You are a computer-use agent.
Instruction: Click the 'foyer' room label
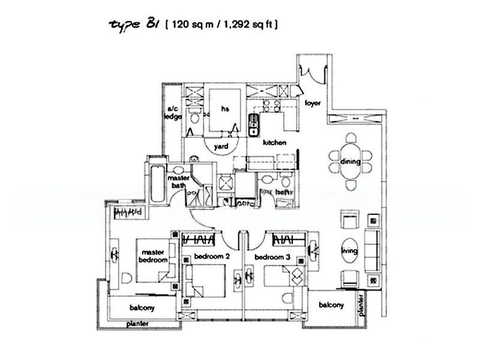tap(313, 103)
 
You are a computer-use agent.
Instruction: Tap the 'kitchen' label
tap(273, 143)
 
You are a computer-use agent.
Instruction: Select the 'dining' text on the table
tap(350, 162)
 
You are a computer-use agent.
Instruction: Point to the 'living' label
tap(350, 251)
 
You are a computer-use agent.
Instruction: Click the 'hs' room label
tap(226, 109)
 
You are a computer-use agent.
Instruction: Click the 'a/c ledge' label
tap(173, 113)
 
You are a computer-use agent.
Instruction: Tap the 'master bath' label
tap(179, 182)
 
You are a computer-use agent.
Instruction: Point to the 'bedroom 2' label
tap(211, 257)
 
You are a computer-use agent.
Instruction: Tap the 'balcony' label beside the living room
tap(331, 305)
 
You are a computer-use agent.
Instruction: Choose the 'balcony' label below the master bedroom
tap(142, 308)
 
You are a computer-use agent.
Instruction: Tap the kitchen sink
tap(254, 122)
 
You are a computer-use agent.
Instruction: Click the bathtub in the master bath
tap(155, 182)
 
